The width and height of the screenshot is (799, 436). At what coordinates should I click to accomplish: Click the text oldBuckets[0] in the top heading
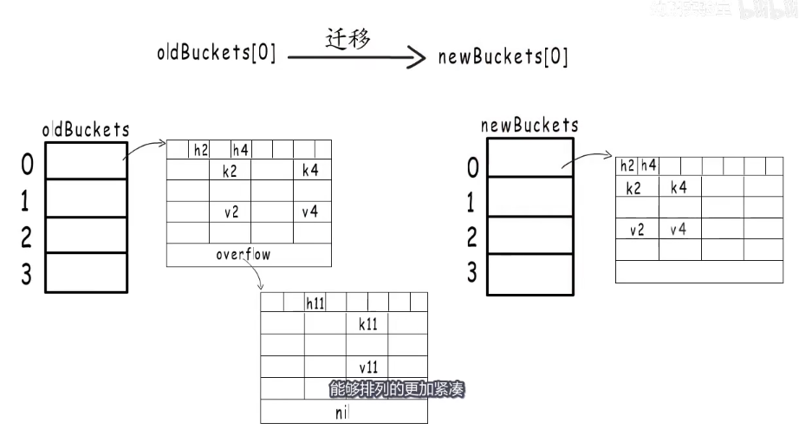pos(217,53)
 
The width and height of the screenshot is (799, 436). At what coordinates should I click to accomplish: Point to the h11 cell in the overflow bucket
pos(315,303)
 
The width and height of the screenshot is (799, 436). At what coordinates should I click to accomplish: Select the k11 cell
pos(368,323)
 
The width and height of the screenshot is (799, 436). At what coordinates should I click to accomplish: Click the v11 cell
pos(368,367)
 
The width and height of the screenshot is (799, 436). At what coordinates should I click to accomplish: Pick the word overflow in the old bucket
pos(244,255)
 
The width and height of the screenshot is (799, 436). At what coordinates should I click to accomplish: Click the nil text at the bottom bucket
pos(341,413)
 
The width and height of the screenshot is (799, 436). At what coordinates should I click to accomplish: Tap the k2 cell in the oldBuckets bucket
pos(230,171)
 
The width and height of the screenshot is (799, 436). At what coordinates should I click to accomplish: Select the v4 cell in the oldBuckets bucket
pos(310,211)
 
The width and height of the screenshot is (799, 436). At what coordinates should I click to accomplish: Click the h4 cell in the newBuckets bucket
pos(648,166)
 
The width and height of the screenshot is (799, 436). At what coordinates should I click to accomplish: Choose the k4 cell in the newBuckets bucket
pos(679,186)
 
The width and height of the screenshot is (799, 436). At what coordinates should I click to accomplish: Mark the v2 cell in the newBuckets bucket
pos(637,229)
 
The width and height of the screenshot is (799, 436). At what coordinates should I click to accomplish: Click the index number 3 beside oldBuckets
pos(26,274)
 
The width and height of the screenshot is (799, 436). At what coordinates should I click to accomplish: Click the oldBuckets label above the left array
pos(86,130)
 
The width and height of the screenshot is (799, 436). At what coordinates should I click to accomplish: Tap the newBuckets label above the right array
pos(529,125)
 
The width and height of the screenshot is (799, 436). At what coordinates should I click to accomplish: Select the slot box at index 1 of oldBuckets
pos(86,198)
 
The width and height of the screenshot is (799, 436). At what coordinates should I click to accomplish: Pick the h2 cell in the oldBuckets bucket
pos(200,150)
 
